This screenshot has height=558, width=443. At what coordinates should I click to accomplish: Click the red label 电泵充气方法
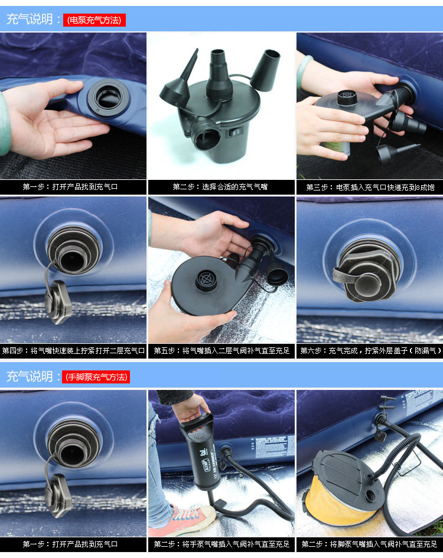(x=95, y=20)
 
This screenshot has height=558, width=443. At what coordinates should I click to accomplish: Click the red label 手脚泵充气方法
(x=96, y=377)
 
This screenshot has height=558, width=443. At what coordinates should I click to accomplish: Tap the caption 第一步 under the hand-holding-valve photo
(x=70, y=187)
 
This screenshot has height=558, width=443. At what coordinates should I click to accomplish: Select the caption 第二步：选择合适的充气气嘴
(x=220, y=187)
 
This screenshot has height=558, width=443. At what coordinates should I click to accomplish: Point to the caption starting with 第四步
(x=73, y=351)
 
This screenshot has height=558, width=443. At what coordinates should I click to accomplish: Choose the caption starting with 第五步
(x=221, y=351)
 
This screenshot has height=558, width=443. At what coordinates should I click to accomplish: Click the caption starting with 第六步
(x=370, y=351)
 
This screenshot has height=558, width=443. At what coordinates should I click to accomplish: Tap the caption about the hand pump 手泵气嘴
(x=221, y=544)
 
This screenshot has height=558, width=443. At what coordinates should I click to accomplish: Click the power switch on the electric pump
(x=234, y=133)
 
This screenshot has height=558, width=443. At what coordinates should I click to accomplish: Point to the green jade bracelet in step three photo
(x=304, y=70)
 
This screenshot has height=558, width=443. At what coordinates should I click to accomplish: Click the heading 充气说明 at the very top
(x=30, y=19)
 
